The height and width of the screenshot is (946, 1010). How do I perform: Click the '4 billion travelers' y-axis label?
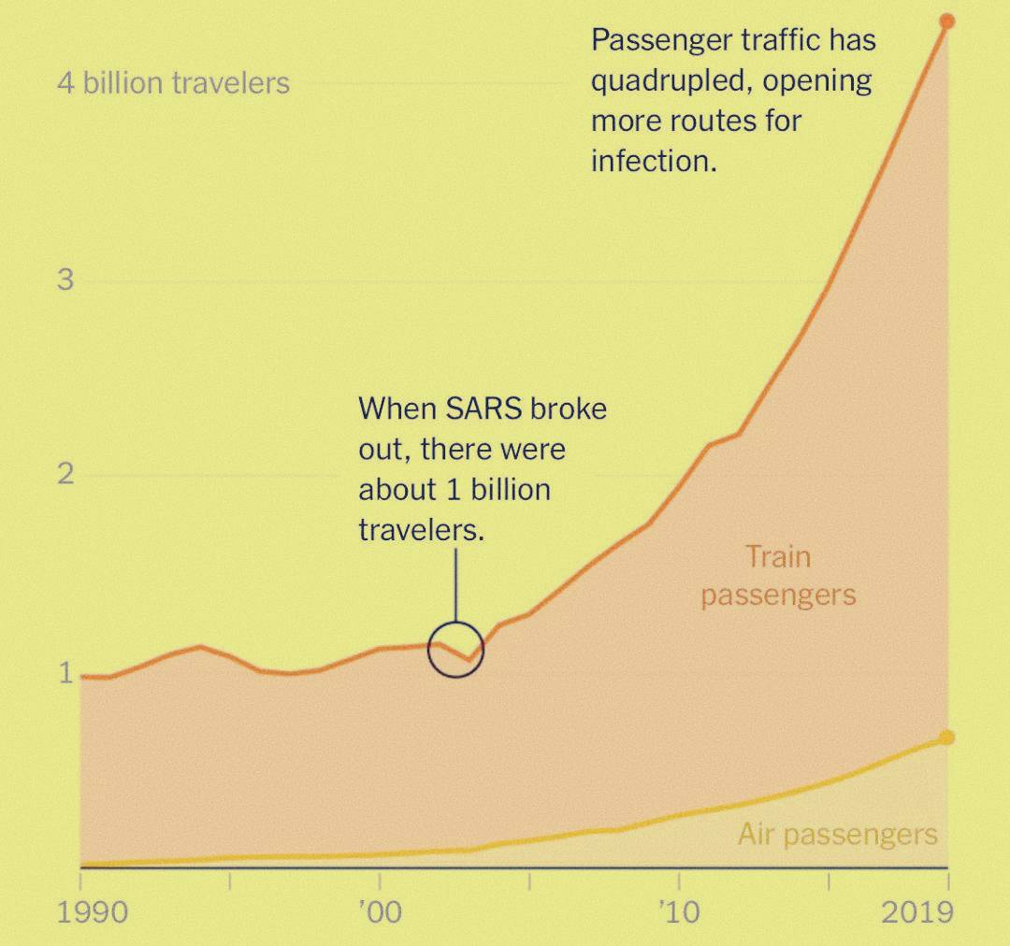pyautogui.click(x=174, y=83)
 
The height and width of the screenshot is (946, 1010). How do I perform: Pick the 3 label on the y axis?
pyautogui.click(x=65, y=279)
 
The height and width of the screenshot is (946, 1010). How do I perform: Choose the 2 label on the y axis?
pyautogui.click(x=65, y=474)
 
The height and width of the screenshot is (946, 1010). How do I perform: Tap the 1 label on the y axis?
pyautogui.click(x=65, y=672)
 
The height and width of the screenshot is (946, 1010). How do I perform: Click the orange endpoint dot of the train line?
pyautogui.click(x=946, y=21)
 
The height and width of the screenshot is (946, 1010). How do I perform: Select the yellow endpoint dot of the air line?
pyautogui.click(x=946, y=738)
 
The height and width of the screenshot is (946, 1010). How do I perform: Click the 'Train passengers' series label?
pyautogui.click(x=778, y=576)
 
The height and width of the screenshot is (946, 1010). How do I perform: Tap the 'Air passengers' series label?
pyautogui.click(x=837, y=834)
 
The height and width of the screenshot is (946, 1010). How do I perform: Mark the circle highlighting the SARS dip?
pyautogui.click(x=455, y=650)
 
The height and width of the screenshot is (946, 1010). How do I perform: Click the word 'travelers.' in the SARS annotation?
pyautogui.click(x=423, y=530)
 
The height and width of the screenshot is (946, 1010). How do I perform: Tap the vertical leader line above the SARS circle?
pyautogui.click(x=455, y=584)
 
